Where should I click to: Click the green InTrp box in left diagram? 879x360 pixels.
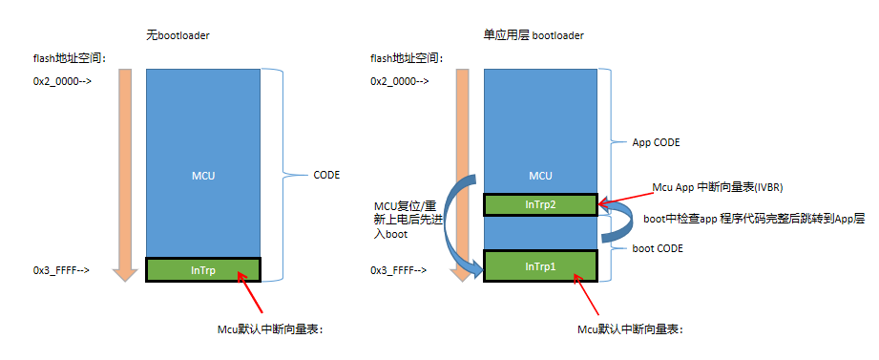(x=202, y=270)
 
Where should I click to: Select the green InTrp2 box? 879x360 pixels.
(x=540, y=203)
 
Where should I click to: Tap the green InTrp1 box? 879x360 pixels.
(x=540, y=264)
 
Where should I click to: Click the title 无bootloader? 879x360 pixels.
(x=178, y=35)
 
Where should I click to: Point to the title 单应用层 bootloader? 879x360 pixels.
(x=534, y=35)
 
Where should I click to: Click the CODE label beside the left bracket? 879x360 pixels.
(x=326, y=175)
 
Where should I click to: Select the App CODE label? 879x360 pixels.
(x=656, y=142)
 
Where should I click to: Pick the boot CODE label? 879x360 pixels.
(x=658, y=248)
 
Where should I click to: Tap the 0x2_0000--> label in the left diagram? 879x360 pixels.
(x=62, y=81)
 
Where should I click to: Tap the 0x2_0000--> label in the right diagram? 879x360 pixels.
(x=399, y=81)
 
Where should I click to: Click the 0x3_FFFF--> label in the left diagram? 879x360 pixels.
(x=62, y=270)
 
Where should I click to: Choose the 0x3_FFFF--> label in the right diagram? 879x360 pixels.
(x=399, y=270)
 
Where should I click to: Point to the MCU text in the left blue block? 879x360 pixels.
(x=202, y=175)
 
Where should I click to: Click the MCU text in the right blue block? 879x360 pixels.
(x=540, y=176)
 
